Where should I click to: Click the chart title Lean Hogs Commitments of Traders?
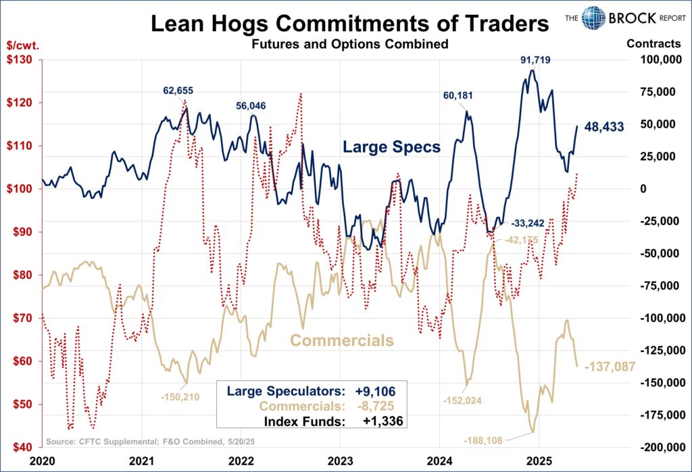[x=349, y=25]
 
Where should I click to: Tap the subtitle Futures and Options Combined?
[x=349, y=45]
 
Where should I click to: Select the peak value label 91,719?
[x=535, y=60]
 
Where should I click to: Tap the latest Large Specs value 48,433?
[x=604, y=126]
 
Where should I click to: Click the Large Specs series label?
[x=391, y=147]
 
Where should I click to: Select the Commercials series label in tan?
[x=341, y=340]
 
